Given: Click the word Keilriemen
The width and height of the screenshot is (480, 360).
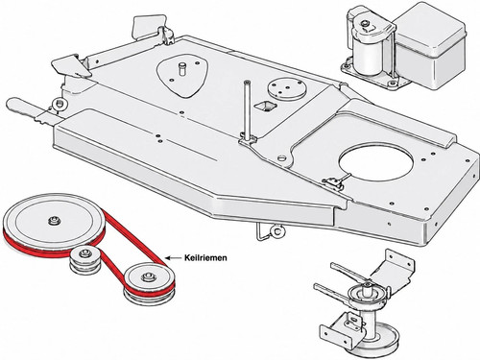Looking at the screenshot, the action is click(205, 257).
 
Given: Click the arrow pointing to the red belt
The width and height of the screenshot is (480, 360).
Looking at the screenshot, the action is click(173, 257).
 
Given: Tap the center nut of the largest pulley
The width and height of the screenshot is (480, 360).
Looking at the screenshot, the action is click(54, 221).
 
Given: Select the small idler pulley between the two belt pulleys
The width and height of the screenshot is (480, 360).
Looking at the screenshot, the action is click(85, 260).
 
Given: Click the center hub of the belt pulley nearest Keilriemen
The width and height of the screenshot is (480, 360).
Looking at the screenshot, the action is click(148, 276).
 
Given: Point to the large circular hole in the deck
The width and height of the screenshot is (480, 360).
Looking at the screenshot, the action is click(376, 161).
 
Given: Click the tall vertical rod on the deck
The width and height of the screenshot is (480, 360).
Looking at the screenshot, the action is click(246, 109).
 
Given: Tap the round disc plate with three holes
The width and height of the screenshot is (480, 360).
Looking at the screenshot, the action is click(286, 89).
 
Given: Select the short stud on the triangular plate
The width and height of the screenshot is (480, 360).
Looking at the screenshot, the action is click(182, 69).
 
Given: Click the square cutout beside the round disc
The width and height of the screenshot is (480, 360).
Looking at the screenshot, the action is click(265, 107).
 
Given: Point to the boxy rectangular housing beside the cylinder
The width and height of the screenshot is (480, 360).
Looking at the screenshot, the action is click(429, 48).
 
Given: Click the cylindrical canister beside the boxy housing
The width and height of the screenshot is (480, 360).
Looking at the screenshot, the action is click(368, 59).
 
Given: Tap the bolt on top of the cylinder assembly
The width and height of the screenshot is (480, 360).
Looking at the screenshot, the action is click(365, 24).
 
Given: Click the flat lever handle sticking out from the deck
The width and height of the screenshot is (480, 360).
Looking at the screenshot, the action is click(26, 108).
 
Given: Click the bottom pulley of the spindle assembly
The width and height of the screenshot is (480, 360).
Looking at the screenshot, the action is click(379, 340).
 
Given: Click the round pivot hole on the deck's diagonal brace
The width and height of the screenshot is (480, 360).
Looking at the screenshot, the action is click(281, 158).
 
